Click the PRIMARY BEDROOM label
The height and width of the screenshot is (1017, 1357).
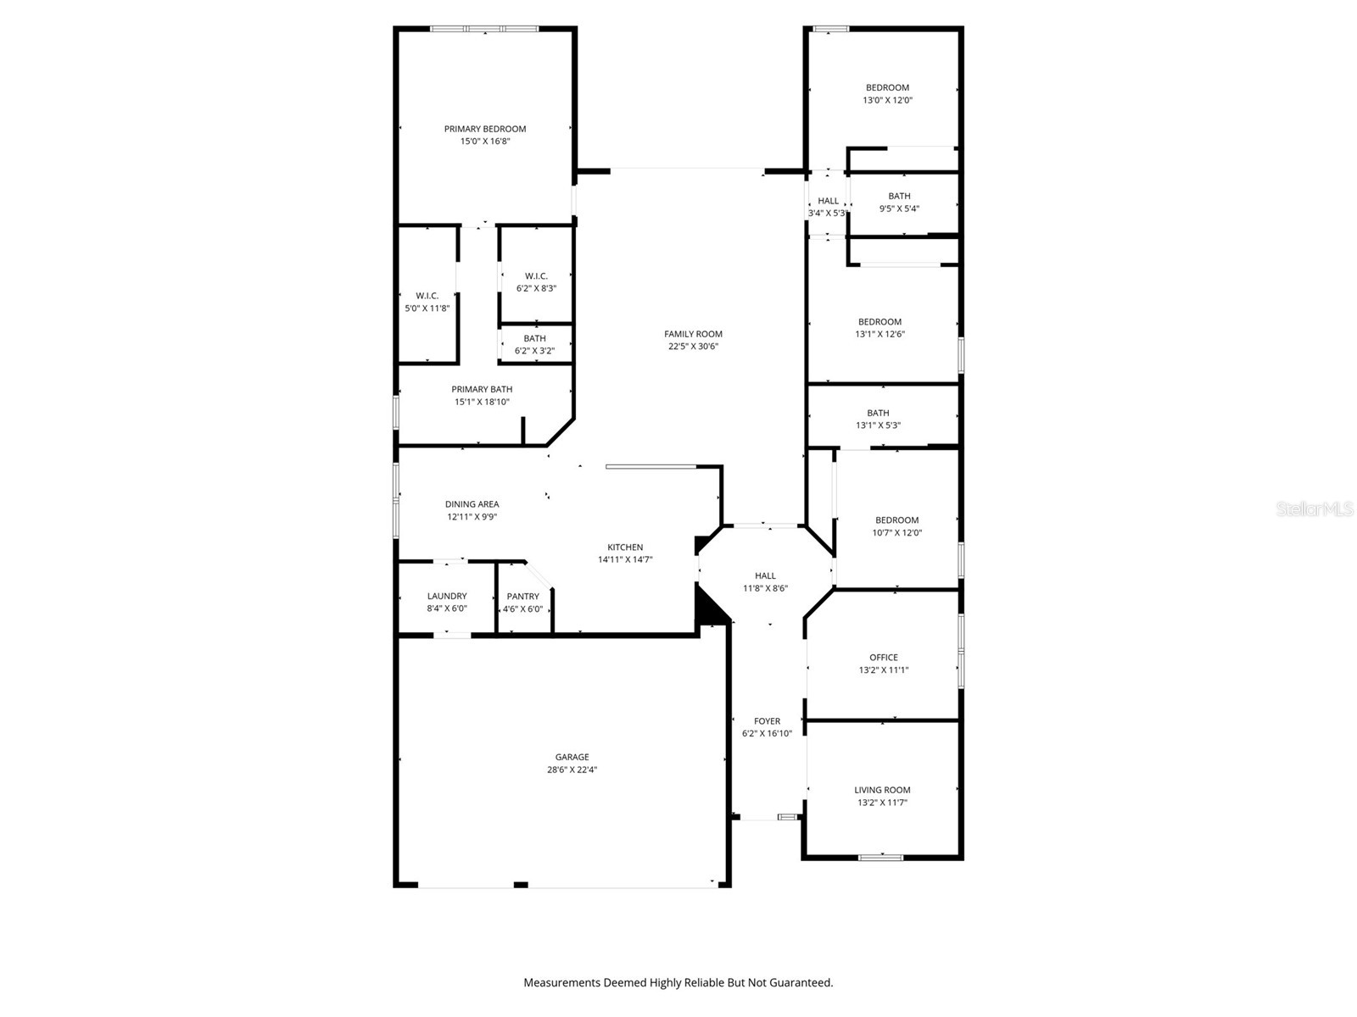[485, 129]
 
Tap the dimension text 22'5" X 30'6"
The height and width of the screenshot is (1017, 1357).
[693, 346]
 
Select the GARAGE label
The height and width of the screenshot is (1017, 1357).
[572, 757]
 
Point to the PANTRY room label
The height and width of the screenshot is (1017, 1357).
[522, 596]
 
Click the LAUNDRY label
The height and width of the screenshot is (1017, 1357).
[447, 596]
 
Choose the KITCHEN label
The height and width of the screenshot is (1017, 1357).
[625, 547]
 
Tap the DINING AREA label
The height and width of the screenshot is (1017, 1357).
[472, 504]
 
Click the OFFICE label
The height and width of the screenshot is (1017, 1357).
[883, 657]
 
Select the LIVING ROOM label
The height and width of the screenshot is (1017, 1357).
[882, 790]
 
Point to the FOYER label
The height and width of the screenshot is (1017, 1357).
[767, 721]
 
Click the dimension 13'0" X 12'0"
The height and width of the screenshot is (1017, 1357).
[887, 100]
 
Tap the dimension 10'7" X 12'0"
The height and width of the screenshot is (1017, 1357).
[896, 533]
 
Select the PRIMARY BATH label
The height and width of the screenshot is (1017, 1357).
[482, 389]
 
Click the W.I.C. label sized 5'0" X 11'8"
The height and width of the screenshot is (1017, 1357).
[427, 296]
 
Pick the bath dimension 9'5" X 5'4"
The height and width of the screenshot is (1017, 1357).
[899, 208]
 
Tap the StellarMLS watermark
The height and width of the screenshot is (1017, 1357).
[1315, 508]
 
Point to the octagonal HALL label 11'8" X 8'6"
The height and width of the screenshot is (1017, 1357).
[765, 575]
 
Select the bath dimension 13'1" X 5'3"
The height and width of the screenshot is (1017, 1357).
[878, 425]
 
